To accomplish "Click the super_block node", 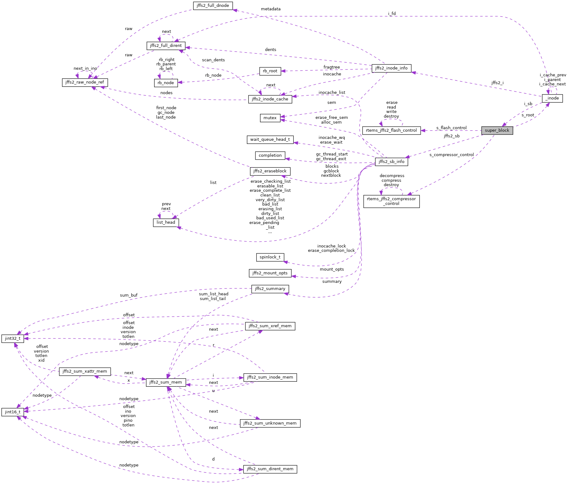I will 497,130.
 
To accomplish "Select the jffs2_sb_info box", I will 391,162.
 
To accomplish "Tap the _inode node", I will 552,98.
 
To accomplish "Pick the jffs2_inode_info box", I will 391,68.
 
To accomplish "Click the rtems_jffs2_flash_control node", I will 391,130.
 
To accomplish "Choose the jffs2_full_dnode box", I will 213,6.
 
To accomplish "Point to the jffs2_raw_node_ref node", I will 85,82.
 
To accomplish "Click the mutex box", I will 270,118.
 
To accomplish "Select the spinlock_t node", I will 270,257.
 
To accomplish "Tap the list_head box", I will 166,222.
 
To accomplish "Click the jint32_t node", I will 13,339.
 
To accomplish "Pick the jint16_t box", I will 13,412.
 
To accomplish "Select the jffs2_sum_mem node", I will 165,382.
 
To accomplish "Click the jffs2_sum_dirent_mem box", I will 270,469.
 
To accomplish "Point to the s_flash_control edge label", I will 451,128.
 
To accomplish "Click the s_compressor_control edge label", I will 451,155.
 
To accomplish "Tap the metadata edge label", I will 270,9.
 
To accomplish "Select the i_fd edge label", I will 392,14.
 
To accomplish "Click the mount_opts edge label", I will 331,269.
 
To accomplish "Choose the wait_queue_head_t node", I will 270,140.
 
